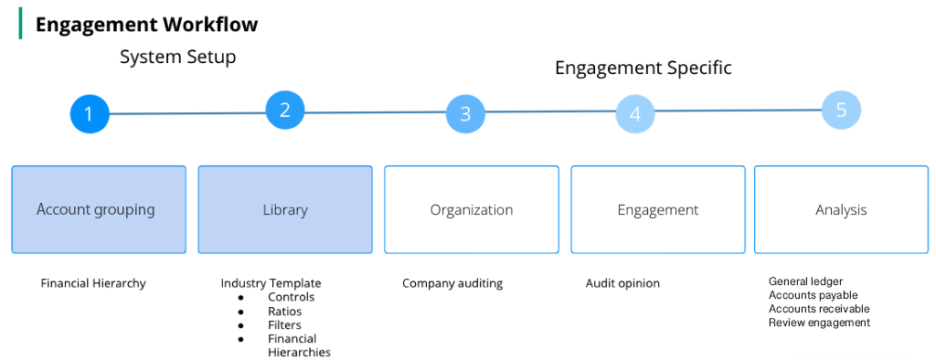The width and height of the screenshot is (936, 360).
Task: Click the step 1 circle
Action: tap(89, 114)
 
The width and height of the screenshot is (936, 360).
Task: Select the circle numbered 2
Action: tap(285, 111)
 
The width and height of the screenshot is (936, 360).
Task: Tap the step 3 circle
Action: tap(465, 114)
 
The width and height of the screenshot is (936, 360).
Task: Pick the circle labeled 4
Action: tap(634, 115)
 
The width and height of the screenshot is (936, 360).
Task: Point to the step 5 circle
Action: tap(841, 110)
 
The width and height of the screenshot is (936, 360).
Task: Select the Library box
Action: tap(285, 209)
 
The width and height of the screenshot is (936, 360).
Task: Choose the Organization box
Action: tap(472, 209)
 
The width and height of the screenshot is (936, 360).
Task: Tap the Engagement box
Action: tap(658, 209)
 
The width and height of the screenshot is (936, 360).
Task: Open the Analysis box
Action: tap(841, 209)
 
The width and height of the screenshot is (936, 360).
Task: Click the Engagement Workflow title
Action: tap(146, 25)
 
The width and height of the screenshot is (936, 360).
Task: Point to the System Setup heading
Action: tap(178, 58)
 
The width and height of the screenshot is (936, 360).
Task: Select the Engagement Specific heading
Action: tap(643, 69)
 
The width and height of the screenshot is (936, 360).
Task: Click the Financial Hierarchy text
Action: tap(93, 283)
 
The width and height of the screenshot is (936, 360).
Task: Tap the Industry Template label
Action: tap(271, 283)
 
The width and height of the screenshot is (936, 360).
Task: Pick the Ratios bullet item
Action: tap(284, 312)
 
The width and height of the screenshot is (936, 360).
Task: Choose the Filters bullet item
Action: tap(284, 325)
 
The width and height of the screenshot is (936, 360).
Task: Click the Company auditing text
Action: tap(452, 283)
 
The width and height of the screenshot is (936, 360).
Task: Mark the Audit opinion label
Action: tap(622, 283)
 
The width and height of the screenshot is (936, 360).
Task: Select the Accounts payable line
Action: tap(814, 295)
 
